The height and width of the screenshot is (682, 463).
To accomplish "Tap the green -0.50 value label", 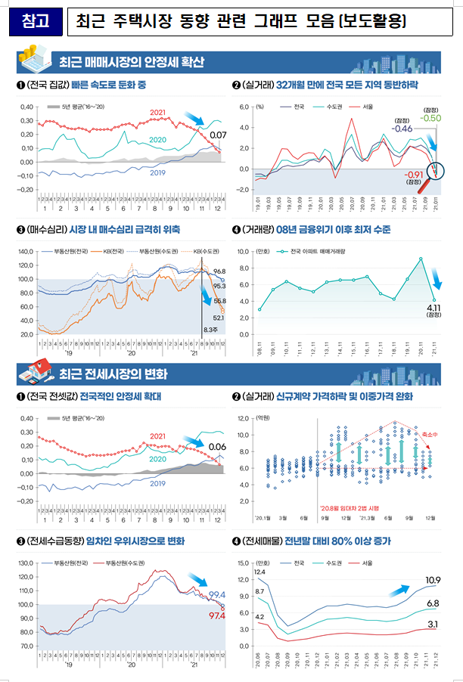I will pos(431,118).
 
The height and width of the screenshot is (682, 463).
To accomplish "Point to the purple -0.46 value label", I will pos(402,129).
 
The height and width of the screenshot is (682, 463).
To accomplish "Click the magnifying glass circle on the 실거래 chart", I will pos(435,170).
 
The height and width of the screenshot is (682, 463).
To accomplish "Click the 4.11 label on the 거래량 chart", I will pos(433,308).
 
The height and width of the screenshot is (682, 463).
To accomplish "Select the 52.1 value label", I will pos(220,318).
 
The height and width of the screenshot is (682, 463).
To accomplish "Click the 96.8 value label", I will pos(220,271).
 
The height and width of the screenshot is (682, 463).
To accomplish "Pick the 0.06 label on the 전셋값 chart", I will pos(217,446).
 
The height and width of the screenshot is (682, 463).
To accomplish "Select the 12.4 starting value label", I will pos(259,572).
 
